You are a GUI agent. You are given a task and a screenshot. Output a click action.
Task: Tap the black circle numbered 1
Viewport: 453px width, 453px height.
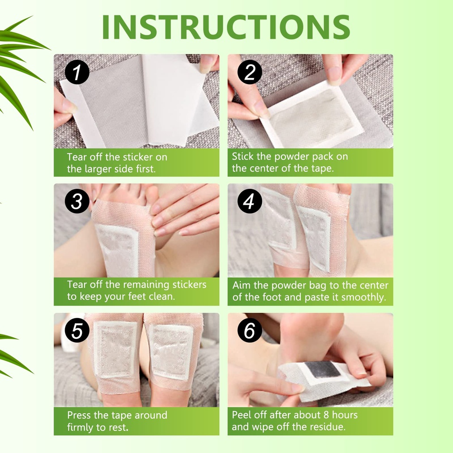(x=77, y=73)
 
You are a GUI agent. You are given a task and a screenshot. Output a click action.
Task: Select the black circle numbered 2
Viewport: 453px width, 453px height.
(x=250, y=73)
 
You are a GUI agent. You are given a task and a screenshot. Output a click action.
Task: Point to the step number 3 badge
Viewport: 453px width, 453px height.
(x=77, y=202)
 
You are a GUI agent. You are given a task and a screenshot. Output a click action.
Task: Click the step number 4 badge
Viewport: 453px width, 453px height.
(x=250, y=202)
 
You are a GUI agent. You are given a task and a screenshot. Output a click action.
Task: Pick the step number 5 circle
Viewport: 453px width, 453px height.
(x=77, y=331)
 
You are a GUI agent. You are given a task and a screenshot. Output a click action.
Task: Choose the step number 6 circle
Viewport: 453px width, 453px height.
(x=250, y=331)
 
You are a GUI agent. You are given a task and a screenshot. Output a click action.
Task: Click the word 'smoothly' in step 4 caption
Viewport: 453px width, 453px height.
(x=366, y=297)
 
